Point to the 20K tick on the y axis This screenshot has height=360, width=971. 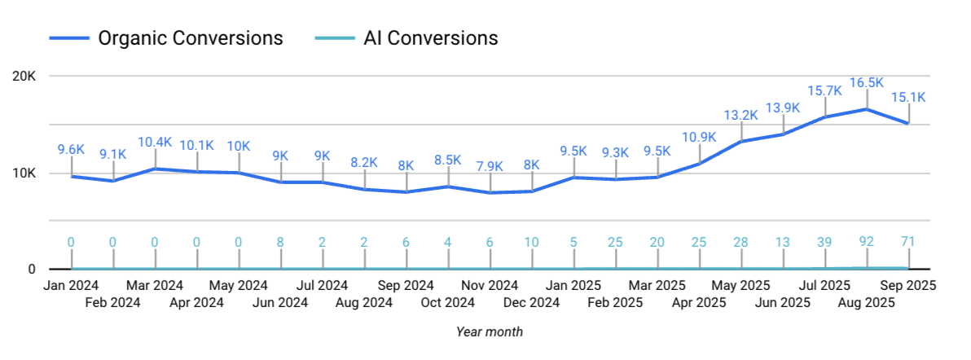[24, 77]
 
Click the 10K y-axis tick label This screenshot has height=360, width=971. [24, 173]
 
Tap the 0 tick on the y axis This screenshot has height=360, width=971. [31, 270]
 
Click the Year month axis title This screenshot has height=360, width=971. [490, 332]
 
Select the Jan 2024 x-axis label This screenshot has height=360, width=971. [72, 286]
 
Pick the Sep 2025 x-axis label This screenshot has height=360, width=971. [908, 286]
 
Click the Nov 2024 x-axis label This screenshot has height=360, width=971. [490, 286]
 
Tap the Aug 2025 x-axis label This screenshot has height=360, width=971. [867, 303]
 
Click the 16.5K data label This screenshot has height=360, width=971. [867, 83]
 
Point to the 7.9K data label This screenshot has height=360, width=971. [490, 167]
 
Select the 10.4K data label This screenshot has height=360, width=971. [156, 142]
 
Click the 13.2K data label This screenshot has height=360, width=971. [741, 115]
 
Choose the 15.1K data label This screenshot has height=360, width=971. [909, 98]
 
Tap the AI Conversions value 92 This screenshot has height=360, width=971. [867, 242]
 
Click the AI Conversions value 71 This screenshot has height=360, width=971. [908, 242]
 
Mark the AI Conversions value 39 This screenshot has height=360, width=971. [825, 242]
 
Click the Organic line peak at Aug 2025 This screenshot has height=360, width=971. [867, 109]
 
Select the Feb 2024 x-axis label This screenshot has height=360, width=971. [113, 303]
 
